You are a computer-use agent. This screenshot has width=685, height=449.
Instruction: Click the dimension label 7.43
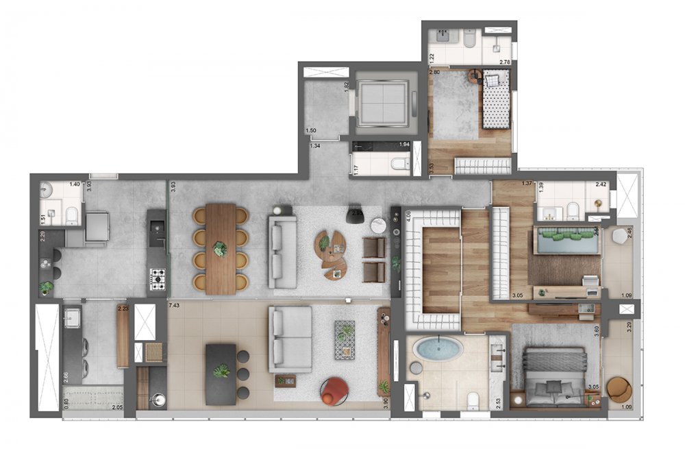click(174, 305)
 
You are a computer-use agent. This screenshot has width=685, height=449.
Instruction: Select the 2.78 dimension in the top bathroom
click(505, 62)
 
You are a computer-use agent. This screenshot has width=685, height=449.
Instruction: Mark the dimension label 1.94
click(404, 145)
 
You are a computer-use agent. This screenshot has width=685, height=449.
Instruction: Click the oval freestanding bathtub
click(439, 348)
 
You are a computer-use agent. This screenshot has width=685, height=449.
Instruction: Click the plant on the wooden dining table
click(220, 248)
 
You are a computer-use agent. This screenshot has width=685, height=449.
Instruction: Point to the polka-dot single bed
click(495, 103)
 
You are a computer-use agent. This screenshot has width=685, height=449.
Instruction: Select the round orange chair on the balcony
click(619, 390)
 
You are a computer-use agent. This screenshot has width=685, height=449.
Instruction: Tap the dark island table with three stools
click(221, 372)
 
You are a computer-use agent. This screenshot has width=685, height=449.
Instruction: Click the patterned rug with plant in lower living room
click(345, 339)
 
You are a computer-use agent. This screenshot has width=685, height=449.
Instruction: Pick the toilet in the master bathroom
click(472, 400)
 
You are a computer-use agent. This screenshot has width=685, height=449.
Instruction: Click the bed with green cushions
click(568, 241)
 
